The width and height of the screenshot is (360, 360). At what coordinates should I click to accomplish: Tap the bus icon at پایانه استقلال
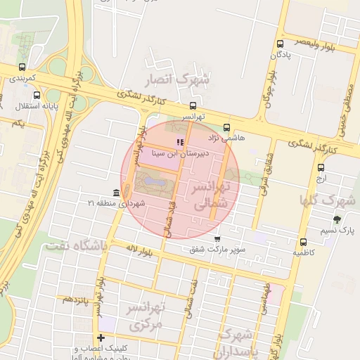click(37, 95)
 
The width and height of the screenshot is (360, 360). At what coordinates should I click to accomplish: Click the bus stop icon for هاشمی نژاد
click(226, 127)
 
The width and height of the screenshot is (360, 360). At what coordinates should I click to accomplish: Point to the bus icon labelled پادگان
click(280, 44)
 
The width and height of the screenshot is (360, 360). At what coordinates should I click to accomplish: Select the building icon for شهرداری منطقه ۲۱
click(115, 193)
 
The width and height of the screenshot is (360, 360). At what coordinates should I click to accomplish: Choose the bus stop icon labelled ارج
click(321, 168)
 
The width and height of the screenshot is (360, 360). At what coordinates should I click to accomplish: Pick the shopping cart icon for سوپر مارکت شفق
click(217, 238)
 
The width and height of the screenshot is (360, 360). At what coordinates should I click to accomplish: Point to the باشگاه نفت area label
click(74, 245)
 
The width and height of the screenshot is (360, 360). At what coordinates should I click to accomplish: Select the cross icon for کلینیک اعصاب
click(102, 338)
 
